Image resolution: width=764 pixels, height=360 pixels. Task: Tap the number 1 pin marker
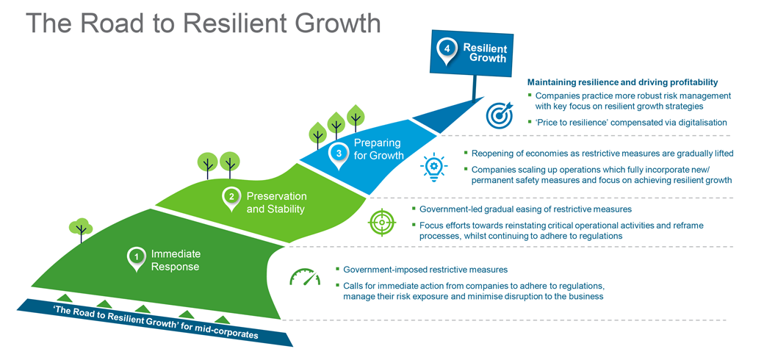point(136,257)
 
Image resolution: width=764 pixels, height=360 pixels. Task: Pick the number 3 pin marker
point(339,154)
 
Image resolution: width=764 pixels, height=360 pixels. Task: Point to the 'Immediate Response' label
point(176,260)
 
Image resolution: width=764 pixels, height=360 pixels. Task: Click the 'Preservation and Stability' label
point(276,202)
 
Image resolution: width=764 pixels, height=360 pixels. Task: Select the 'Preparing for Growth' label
point(379,148)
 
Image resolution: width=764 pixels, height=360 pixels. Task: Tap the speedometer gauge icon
point(305,278)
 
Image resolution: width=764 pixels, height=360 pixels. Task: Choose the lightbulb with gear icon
point(433,166)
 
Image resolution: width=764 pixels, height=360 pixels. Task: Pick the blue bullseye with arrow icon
point(500,115)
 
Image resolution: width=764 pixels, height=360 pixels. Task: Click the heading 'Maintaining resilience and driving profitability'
point(622,82)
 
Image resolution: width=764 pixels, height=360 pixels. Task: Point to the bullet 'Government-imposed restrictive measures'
point(425,270)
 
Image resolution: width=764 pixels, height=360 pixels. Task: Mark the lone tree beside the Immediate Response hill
point(79,228)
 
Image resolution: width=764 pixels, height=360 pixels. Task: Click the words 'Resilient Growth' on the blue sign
point(485,53)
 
